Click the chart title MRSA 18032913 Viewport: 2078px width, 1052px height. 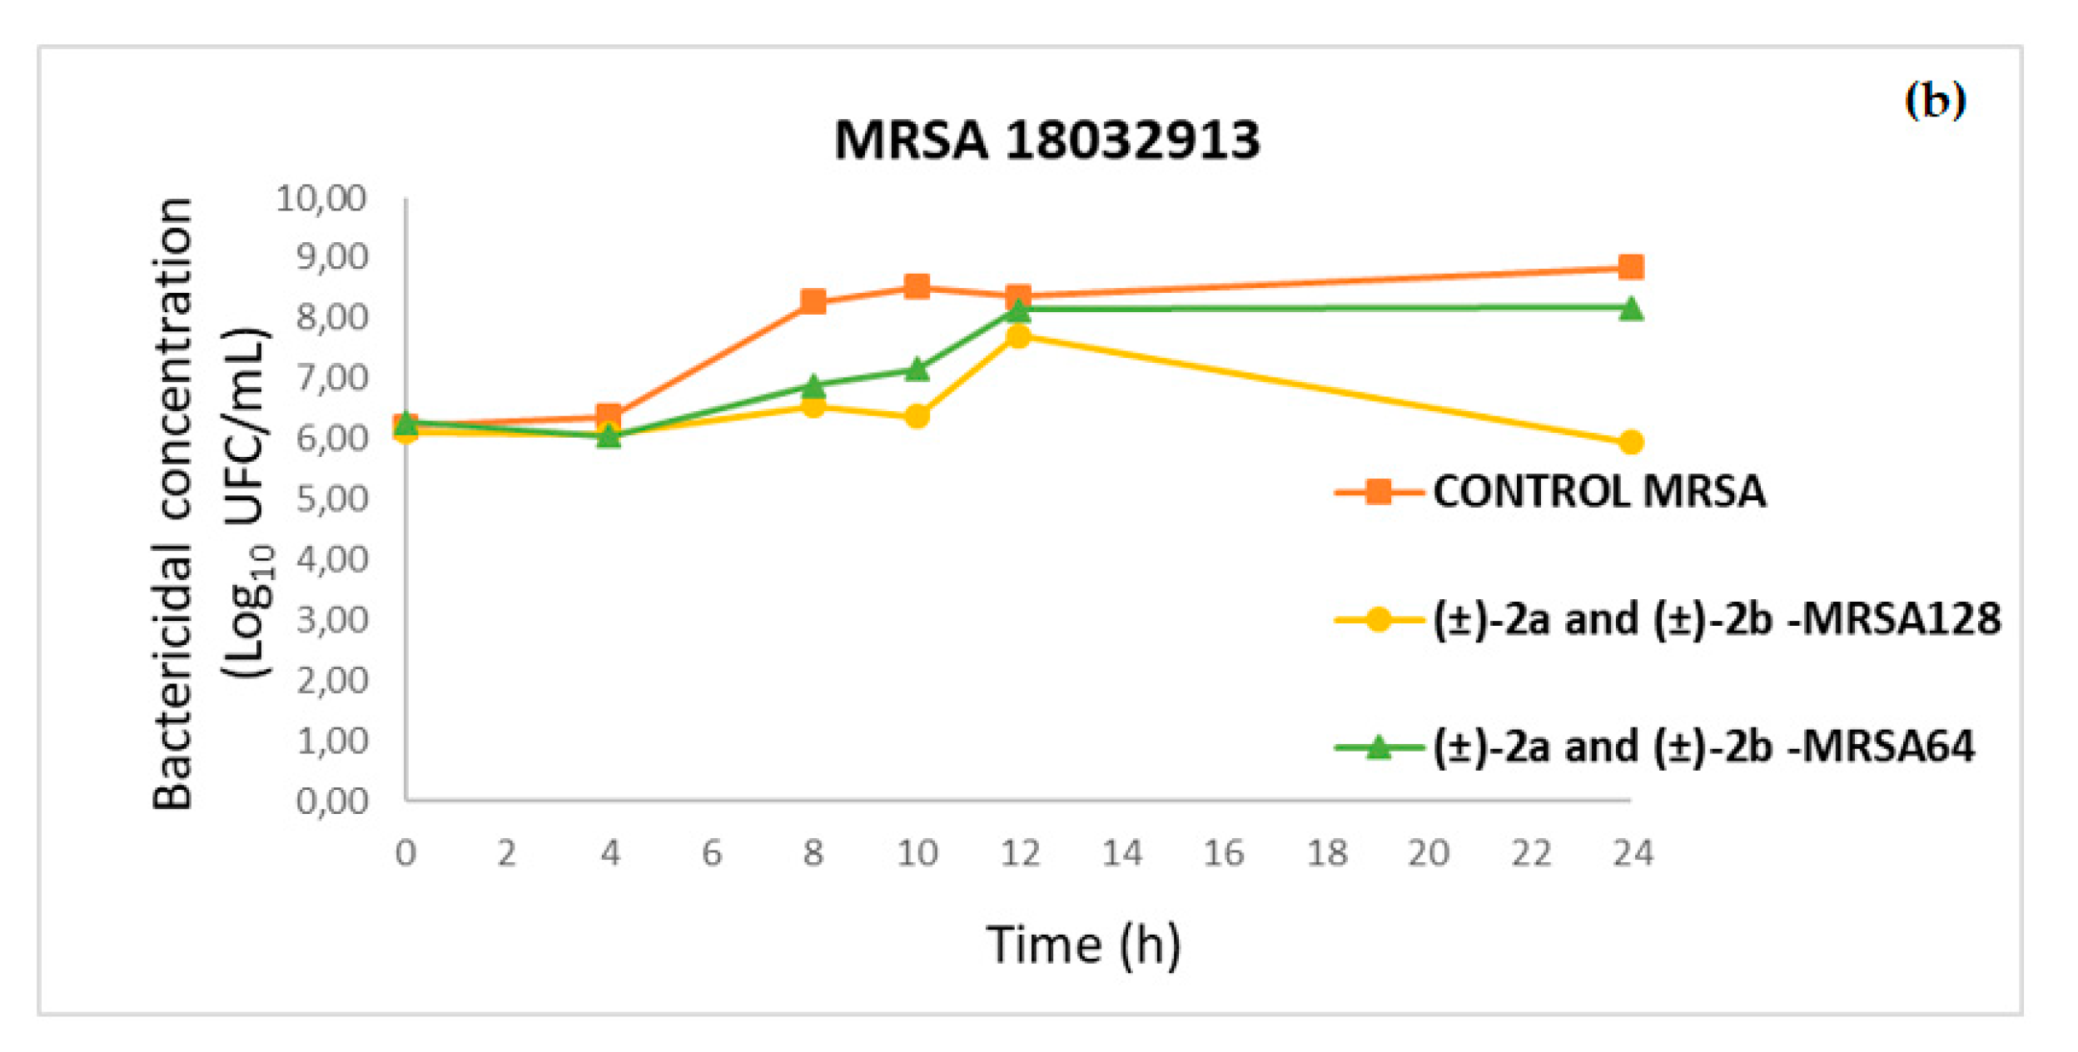pos(1046,140)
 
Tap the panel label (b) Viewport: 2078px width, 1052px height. pos(1934,101)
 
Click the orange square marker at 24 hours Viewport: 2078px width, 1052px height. pos(1630,267)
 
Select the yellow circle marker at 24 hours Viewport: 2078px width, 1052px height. pos(1630,442)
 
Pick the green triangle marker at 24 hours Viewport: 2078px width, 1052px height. pos(1630,309)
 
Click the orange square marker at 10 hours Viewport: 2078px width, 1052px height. pos(917,287)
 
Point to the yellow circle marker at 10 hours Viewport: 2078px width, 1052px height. pos(917,415)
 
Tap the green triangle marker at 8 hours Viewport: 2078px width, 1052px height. pos(813,385)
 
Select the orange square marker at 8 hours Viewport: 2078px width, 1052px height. pos(813,301)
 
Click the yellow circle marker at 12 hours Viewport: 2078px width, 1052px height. pos(1018,336)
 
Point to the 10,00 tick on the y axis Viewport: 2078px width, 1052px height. pos(321,199)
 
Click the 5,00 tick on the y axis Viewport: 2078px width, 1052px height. pos(331,499)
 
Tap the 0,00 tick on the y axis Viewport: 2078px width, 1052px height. pos(331,801)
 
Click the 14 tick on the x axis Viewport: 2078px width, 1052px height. pos(1121,853)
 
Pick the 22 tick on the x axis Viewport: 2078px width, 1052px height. pos(1530,853)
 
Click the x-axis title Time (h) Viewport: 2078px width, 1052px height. pos(1082,945)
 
